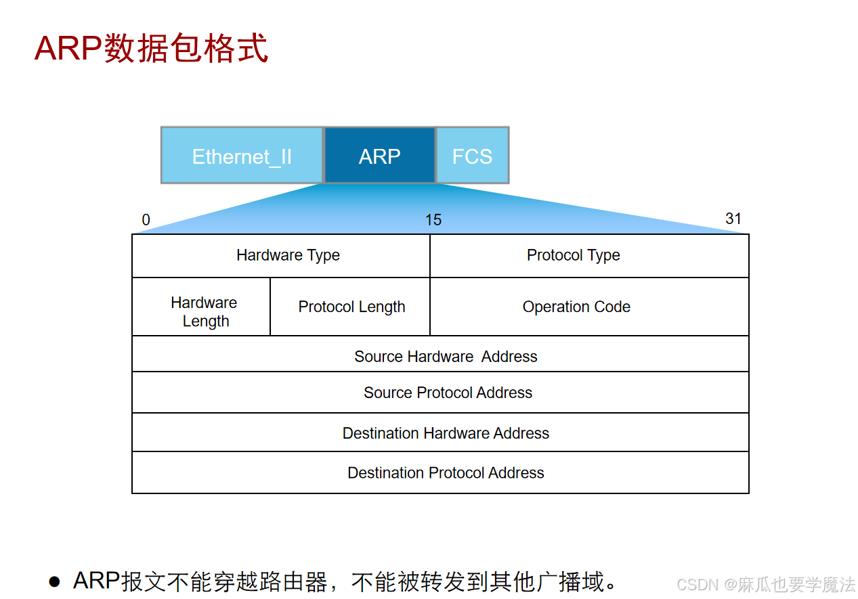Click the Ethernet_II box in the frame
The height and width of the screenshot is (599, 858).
242,156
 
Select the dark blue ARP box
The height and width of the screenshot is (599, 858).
379,156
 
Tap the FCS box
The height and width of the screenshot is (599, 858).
472,156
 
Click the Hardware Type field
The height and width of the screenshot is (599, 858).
288,255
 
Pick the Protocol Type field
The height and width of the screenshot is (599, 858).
574,255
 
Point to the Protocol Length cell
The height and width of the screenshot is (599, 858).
351,307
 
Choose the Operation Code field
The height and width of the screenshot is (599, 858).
576,307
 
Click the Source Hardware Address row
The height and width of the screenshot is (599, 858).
445,357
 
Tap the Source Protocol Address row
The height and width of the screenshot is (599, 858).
448,393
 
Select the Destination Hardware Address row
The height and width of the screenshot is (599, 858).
446,433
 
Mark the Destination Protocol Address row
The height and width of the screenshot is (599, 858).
446,472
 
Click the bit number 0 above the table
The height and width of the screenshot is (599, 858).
146,220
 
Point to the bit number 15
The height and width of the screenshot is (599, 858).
433,220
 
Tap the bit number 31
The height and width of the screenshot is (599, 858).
733,219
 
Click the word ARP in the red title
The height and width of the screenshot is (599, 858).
68,49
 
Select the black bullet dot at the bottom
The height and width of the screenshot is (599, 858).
55,581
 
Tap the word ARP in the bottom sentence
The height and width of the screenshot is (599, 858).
96,581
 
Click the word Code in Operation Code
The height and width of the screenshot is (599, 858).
612,307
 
